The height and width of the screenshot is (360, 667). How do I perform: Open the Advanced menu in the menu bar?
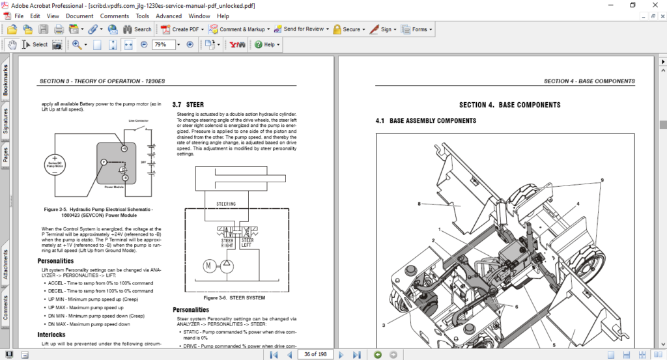pyautogui.click(x=169, y=16)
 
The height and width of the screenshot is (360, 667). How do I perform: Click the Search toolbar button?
pyautogui.click(x=137, y=29)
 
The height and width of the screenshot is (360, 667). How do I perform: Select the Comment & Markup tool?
pyautogui.click(x=238, y=29)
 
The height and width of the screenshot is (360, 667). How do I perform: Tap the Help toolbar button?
pyautogui.click(x=267, y=45)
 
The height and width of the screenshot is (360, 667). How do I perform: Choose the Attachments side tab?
pyautogui.click(x=6, y=264)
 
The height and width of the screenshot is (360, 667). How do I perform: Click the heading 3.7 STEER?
pyautogui.click(x=188, y=104)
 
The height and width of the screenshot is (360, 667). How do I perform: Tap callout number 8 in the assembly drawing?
pyautogui.click(x=419, y=204)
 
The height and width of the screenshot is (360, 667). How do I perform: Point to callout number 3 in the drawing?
pyautogui.click(x=384, y=325)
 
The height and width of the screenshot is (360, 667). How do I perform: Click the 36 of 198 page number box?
pyautogui.click(x=315, y=354)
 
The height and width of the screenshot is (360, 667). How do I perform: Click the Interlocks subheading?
pyautogui.click(x=52, y=335)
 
